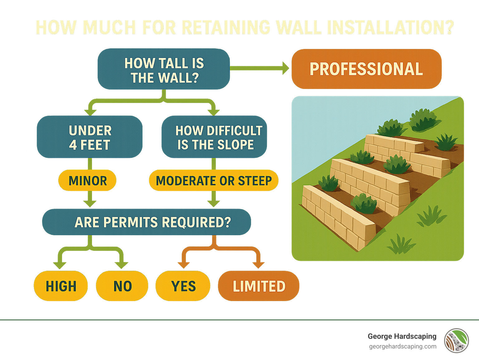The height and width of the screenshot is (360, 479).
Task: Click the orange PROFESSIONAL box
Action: (x=366, y=69)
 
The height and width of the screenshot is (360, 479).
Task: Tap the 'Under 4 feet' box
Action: (x=90, y=137)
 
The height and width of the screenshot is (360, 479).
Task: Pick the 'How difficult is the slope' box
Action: (x=214, y=137)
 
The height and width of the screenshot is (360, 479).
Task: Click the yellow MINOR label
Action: (x=87, y=181)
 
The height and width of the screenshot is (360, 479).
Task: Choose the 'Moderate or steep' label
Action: (x=214, y=181)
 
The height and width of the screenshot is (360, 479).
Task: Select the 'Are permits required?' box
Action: (x=147, y=222)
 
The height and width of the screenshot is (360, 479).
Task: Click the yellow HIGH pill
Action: (x=61, y=286)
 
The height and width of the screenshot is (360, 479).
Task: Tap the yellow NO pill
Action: (x=122, y=286)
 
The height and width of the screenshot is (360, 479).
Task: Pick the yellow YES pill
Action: (x=183, y=286)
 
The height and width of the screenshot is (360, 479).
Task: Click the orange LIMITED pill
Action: (x=259, y=286)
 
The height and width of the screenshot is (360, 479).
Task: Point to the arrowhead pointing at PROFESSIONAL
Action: (x=285, y=68)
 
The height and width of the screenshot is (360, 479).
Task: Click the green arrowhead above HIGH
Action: (x=59, y=265)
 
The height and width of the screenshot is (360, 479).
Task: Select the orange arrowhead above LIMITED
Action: (x=258, y=265)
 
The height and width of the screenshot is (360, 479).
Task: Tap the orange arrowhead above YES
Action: (x=183, y=265)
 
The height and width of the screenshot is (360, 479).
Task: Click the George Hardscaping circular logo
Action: (x=457, y=341)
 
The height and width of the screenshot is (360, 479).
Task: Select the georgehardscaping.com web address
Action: (x=403, y=347)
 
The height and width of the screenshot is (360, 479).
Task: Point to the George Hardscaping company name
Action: (x=402, y=336)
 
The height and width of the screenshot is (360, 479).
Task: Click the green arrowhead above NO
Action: (x=121, y=265)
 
